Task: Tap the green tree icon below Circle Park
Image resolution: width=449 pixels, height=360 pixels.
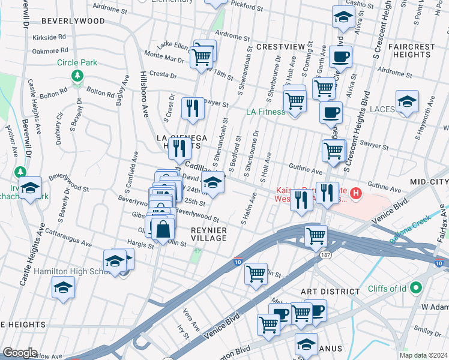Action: [x=77, y=76]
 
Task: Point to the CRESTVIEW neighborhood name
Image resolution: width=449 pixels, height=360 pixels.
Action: [x=277, y=46]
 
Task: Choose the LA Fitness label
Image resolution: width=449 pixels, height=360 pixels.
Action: [x=264, y=112]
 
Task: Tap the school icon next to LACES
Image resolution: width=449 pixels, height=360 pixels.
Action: [x=407, y=101]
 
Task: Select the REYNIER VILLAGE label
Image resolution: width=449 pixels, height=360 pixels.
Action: [x=209, y=234]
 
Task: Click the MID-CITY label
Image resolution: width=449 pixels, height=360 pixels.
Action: [x=429, y=181]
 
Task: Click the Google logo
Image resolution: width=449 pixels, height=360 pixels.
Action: [x=20, y=352]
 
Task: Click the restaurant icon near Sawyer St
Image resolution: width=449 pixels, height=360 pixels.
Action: [x=192, y=108]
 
